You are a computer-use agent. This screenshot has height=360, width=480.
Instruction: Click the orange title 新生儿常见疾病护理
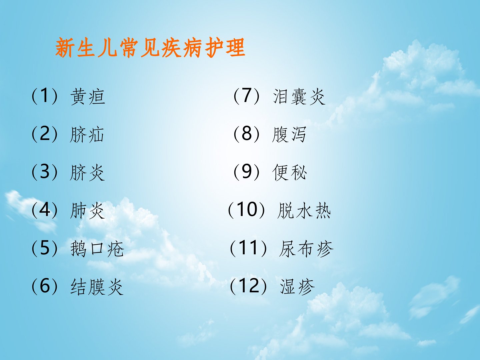(150, 48)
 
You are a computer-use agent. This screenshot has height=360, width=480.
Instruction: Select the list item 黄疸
(88, 97)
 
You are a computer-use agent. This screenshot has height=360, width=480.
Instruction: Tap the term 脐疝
(87, 135)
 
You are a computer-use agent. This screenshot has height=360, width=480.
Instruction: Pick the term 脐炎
(87, 173)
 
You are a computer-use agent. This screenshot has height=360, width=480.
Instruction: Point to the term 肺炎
(87, 210)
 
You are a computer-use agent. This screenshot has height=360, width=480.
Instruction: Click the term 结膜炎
(97, 287)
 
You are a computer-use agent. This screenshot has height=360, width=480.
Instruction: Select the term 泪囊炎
(299, 97)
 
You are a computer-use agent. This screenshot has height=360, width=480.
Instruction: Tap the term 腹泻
(289, 134)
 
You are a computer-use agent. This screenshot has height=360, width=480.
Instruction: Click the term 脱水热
(304, 210)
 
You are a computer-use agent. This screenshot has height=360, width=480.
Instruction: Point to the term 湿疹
(297, 287)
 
